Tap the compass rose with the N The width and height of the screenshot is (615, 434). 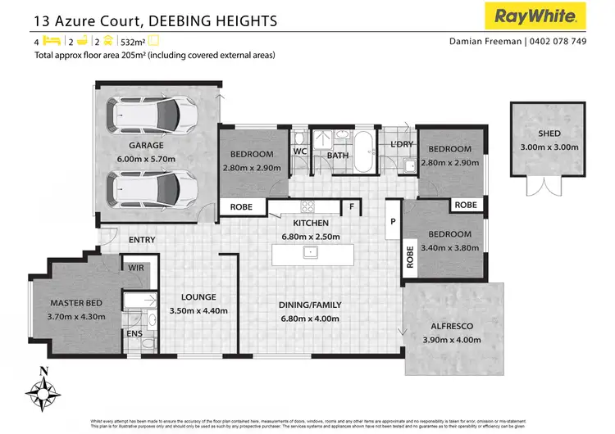[44, 389]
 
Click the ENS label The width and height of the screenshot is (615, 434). [134, 333]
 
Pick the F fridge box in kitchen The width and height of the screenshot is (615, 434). [352, 206]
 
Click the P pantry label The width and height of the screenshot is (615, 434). [393, 221]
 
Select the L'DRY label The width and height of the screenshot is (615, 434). [402, 145]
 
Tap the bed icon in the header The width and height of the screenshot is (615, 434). [51, 40]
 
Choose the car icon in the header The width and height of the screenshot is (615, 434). [107, 40]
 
